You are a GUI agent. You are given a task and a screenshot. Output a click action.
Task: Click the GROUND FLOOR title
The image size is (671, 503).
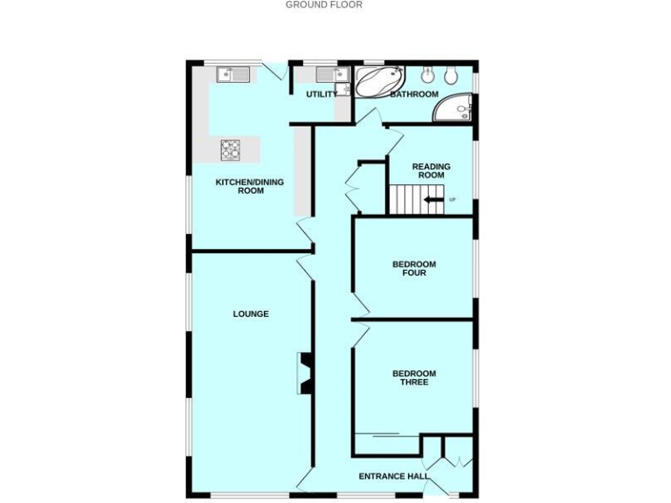click(x=323, y=5)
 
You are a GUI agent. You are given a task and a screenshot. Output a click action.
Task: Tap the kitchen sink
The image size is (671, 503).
click(x=233, y=75)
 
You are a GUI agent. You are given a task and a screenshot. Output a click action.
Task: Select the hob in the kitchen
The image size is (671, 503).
click(x=231, y=150)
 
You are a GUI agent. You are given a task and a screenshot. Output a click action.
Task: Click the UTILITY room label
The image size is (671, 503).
click(x=321, y=94)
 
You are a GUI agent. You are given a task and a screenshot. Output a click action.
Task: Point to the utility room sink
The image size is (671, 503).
click(x=333, y=75)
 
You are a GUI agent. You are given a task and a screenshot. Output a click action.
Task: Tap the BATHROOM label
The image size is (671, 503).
click(x=414, y=94)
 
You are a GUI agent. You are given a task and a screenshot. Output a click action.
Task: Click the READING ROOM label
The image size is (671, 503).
click(x=432, y=171)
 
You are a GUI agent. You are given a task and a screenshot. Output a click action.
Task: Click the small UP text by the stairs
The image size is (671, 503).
click(x=452, y=200)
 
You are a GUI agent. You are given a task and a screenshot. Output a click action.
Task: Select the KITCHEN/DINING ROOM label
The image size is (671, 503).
click(x=250, y=186)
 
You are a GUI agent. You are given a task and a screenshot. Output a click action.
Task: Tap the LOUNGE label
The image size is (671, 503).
click(x=251, y=314)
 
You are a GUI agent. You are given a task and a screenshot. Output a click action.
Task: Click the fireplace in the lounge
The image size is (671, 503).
click(x=305, y=373)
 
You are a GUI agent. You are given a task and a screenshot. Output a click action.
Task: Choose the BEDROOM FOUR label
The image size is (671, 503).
click(x=414, y=269)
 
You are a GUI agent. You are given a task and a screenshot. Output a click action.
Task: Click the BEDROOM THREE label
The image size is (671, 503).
click(x=414, y=378)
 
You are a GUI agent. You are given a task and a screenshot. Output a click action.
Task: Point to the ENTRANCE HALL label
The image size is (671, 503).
click(x=394, y=477)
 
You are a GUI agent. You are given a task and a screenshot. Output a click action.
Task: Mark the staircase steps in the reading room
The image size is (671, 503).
click(x=405, y=200)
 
